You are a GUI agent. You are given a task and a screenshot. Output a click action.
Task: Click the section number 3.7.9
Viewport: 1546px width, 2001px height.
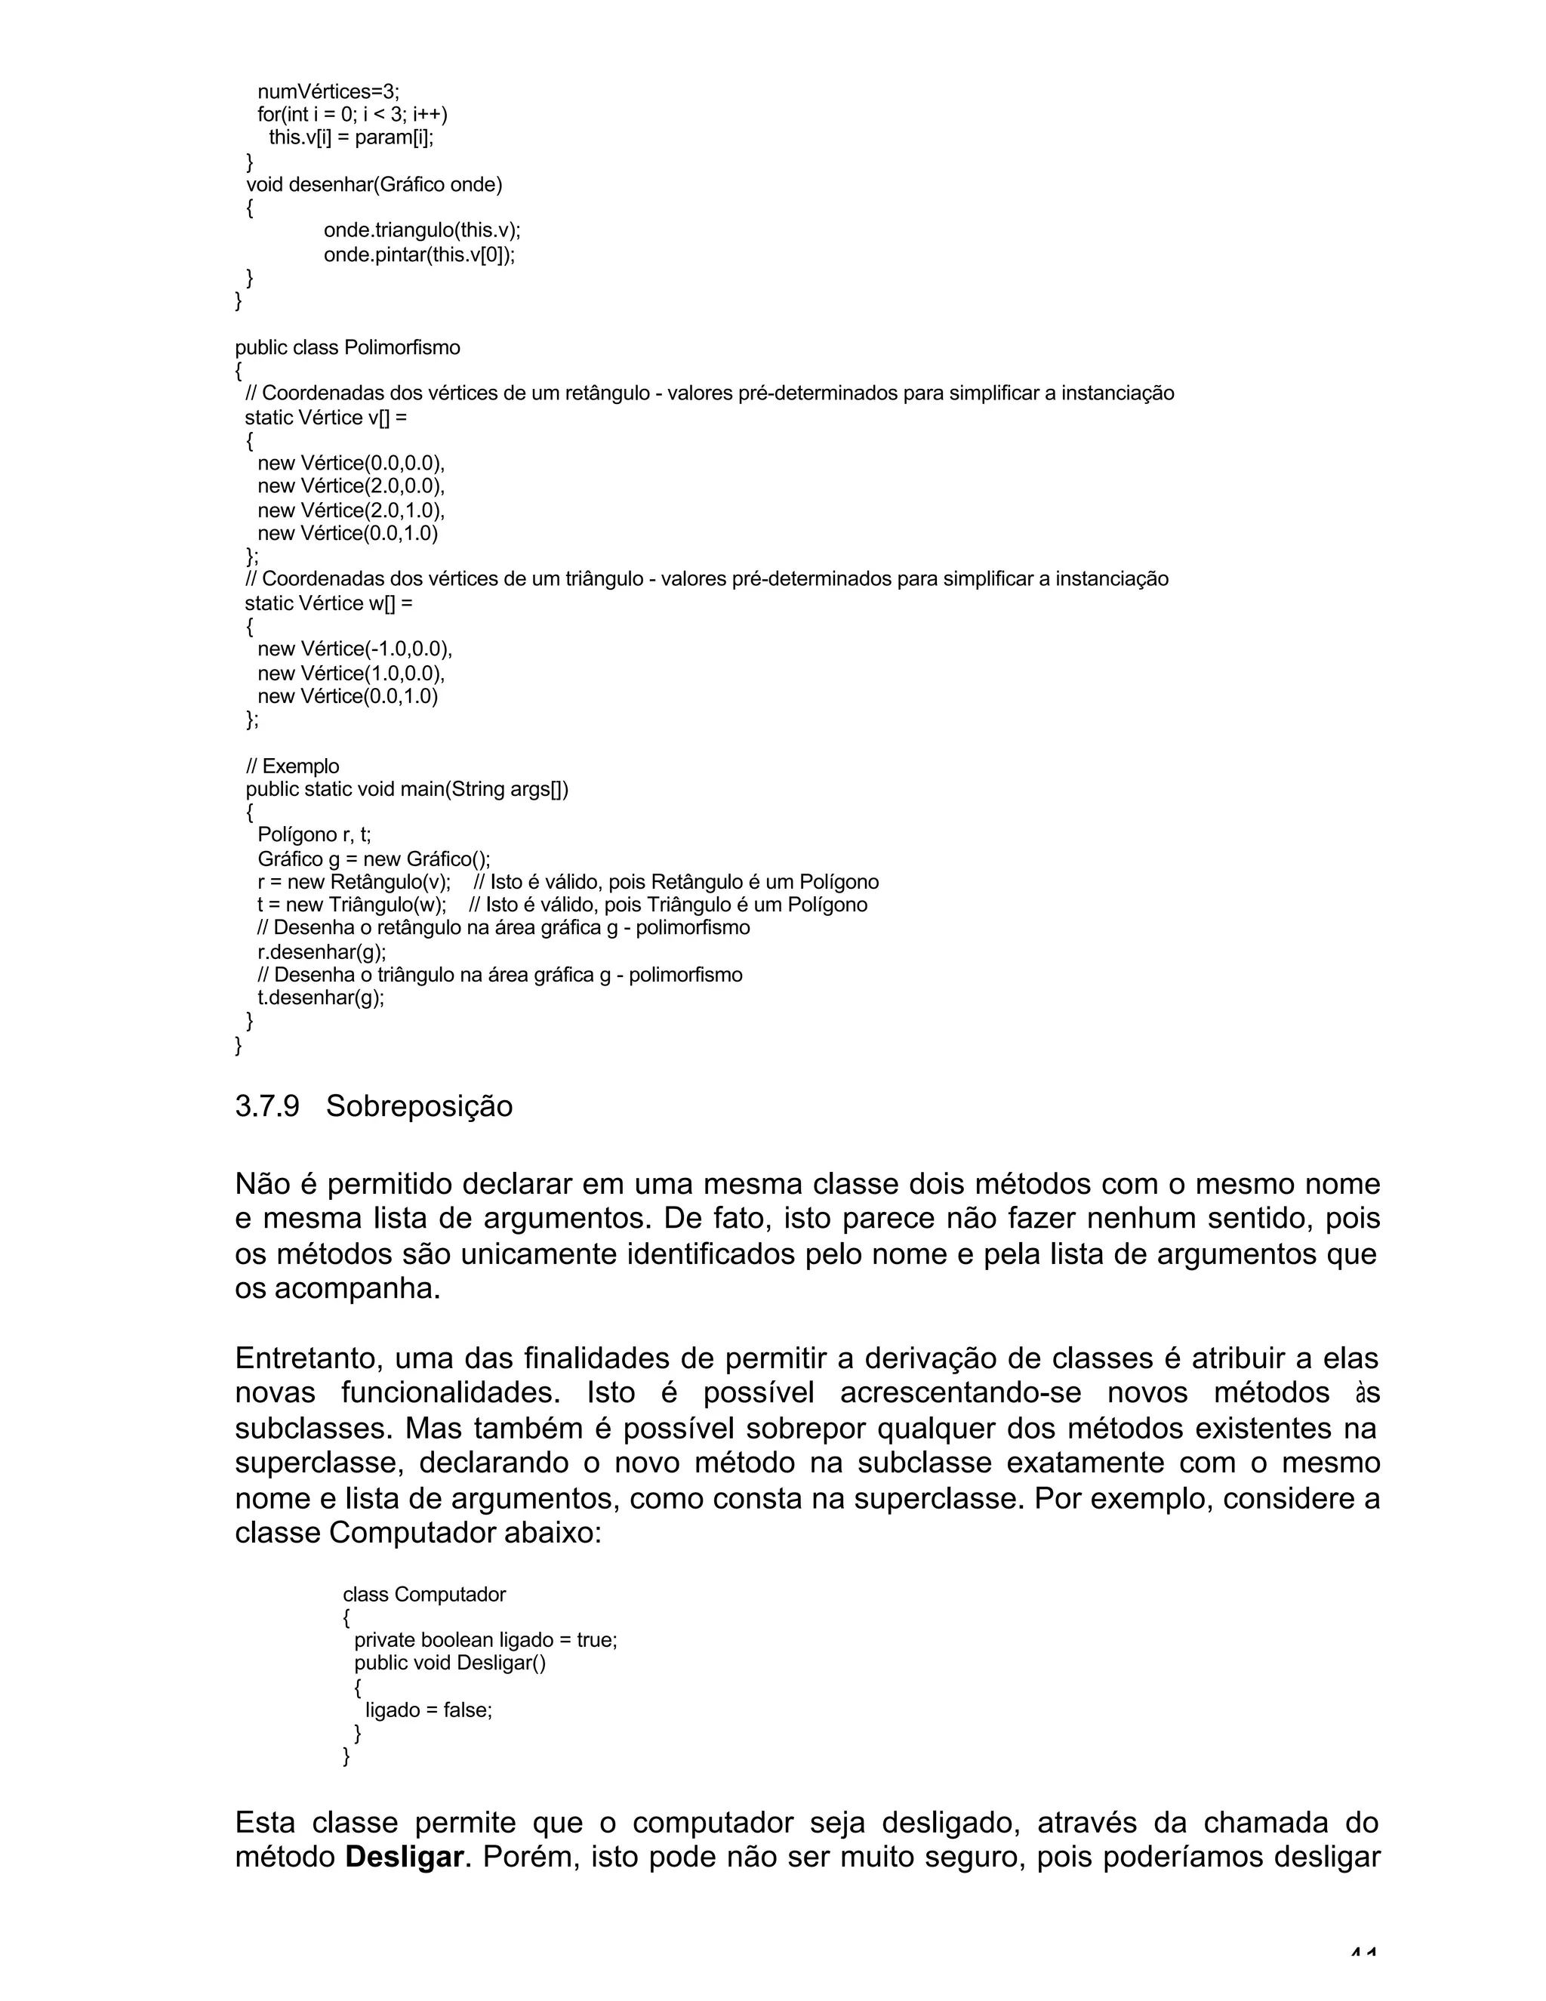[x=266, y=1107]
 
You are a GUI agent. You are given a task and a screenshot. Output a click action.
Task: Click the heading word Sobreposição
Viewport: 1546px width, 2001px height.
[x=420, y=1107]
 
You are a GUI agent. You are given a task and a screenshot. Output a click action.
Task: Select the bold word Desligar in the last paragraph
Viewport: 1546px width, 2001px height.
[x=404, y=1858]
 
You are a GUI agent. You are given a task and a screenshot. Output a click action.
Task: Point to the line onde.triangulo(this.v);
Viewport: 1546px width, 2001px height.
[x=421, y=230]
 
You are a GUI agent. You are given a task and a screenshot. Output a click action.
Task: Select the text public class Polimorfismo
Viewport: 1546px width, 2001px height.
[x=347, y=348]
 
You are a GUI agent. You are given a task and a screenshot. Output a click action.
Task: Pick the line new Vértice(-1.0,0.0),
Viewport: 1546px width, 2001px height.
[x=355, y=649]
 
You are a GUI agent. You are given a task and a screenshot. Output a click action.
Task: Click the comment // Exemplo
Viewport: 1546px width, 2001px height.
[x=292, y=766]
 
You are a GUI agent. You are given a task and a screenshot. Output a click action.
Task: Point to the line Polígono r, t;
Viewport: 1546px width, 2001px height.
[x=314, y=834]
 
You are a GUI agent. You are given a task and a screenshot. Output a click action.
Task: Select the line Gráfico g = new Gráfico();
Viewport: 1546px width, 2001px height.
[x=374, y=859]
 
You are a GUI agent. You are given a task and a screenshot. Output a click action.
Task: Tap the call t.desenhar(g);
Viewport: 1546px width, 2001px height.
[x=321, y=997]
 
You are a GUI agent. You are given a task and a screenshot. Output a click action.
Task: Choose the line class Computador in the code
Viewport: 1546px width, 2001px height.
[x=424, y=1595]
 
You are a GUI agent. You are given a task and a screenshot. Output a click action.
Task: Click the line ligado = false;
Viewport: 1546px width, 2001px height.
[x=429, y=1710]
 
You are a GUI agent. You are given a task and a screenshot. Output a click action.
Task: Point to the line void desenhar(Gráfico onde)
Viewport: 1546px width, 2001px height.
[x=374, y=184]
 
